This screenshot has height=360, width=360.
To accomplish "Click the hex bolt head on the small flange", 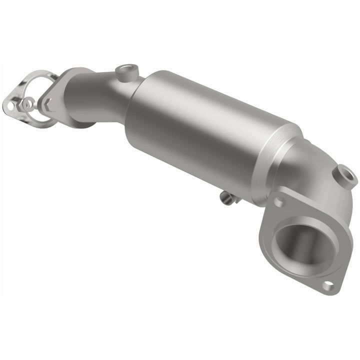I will click(x=48, y=104).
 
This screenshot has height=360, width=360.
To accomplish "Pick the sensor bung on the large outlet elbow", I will click(x=346, y=174).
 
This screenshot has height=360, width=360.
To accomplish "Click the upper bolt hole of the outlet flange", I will click(x=279, y=201).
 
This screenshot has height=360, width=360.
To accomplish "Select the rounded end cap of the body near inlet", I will click(x=137, y=120).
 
